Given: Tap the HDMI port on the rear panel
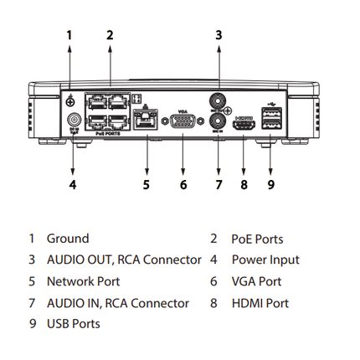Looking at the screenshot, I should point(244,122).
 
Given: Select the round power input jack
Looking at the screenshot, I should point(73,120).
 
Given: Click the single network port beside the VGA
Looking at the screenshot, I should point(147,120).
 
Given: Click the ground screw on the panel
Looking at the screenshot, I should point(71,100).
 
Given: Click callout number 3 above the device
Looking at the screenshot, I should point(219,35).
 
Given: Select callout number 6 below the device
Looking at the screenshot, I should point(183,183).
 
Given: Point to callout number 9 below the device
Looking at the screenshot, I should point(270,183).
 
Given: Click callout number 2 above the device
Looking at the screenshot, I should point(110,35).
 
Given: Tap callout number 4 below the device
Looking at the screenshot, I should point(73,183).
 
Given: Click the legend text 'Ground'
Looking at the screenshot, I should point(67,239).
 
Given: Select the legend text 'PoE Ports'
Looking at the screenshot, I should point(257,239).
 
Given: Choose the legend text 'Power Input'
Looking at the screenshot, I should point(265,260).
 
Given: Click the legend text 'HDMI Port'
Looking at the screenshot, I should point(260,303).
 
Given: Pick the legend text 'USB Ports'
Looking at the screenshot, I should point(73,324).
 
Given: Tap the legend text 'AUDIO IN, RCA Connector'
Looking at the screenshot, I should point(117,303).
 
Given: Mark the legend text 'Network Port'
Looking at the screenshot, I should point(81,282).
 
